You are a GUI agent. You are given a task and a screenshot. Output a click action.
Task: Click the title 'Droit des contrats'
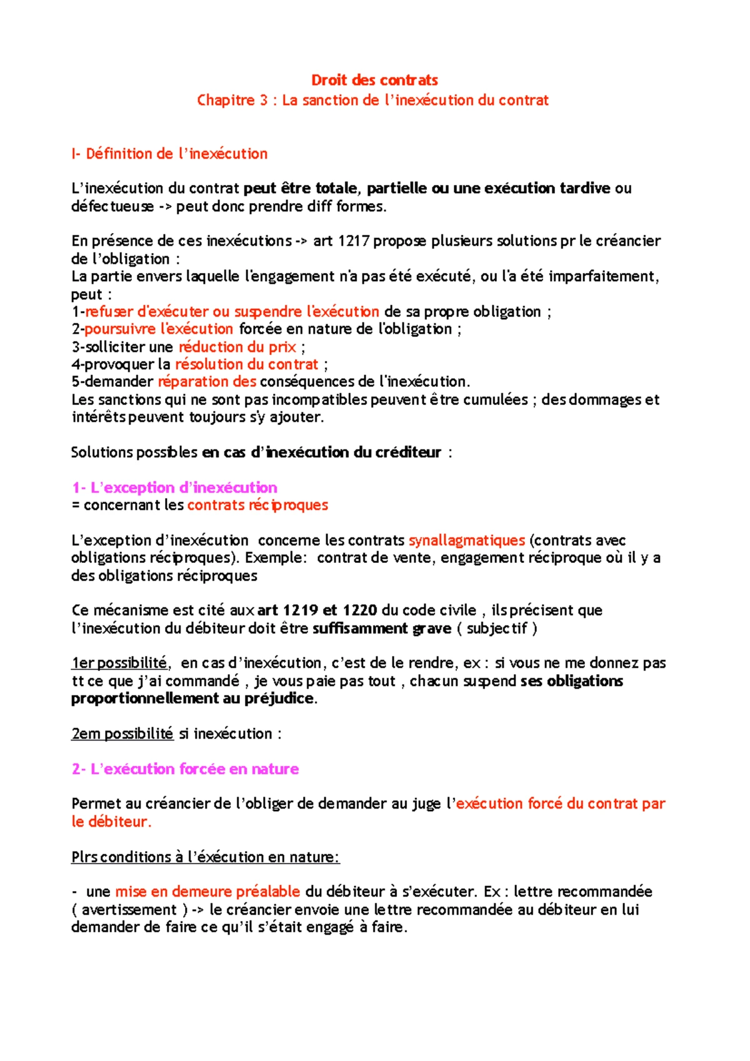click(374, 80)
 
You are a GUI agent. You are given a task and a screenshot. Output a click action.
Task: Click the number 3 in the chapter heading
click(264, 101)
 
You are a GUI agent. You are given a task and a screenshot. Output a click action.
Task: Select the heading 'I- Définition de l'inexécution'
click(169, 154)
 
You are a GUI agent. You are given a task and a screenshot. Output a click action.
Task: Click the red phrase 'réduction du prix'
click(237, 347)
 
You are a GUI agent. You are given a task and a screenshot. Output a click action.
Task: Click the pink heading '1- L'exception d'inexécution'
click(174, 487)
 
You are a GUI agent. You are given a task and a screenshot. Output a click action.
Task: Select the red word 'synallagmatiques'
click(466, 540)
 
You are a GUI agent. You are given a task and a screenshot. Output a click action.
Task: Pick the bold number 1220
click(359, 610)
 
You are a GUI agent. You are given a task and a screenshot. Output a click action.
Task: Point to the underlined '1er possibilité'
click(120, 663)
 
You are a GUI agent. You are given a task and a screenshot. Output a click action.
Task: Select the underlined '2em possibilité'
click(122, 734)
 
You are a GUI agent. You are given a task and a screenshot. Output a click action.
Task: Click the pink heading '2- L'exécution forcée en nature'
click(185, 769)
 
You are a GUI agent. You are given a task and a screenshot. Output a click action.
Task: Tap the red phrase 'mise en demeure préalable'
click(207, 892)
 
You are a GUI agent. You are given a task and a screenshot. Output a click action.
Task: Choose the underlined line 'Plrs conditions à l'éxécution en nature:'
click(205, 857)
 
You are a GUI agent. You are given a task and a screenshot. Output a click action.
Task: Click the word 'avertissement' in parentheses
click(129, 909)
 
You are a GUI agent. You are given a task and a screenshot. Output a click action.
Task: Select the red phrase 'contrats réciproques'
click(257, 505)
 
